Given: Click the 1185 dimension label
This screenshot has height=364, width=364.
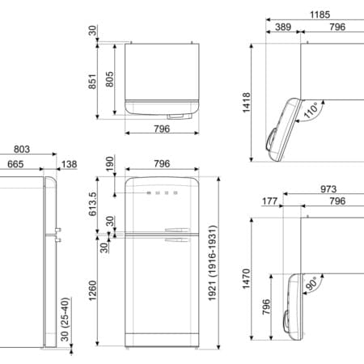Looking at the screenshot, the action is coord(320,15).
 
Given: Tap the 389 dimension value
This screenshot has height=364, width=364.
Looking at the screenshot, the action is coord(283,27).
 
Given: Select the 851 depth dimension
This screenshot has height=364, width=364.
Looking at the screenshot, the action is coord(92,82).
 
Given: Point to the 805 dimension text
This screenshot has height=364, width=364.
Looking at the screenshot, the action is coord(109,79).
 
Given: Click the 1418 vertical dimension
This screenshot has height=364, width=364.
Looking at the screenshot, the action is coord(247,103).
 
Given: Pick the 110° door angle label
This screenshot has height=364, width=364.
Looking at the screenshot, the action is coord(311,110).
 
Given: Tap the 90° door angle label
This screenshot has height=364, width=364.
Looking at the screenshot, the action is coord(311,283).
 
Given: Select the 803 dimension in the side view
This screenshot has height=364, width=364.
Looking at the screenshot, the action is coord(22,149).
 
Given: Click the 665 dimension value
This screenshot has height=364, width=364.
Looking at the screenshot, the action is coord(15,164).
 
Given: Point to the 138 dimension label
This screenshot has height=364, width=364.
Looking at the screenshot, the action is coord(70,164).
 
